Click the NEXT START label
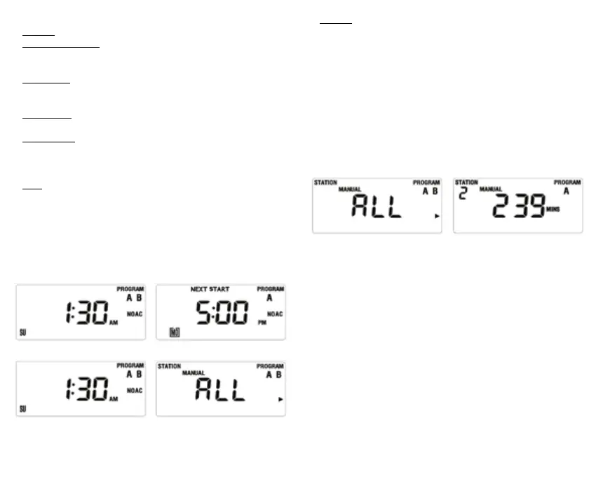tap(210, 289)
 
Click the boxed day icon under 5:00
tap(175, 332)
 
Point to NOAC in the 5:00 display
tap(274, 314)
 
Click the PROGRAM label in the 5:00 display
tap(270, 289)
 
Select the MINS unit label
tap(553, 209)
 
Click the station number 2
tap(463, 194)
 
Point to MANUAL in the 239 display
tap(491, 189)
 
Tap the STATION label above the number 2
tap(466, 182)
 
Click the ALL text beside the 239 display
tap(377, 207)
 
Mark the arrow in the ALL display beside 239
tap(437, 217)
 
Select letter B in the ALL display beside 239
tap(435, 192)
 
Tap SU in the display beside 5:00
tap(22, 331)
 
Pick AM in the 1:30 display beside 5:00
tap(114, 323)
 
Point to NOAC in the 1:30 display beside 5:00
tap(134, 314)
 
